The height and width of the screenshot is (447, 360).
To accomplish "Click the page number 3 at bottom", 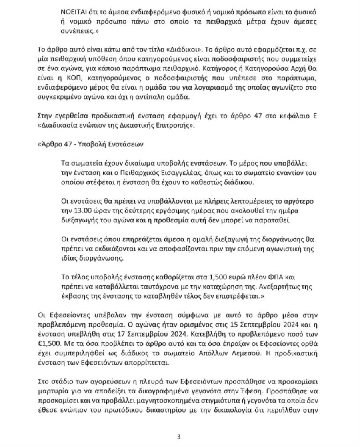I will (x=178, y=437).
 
